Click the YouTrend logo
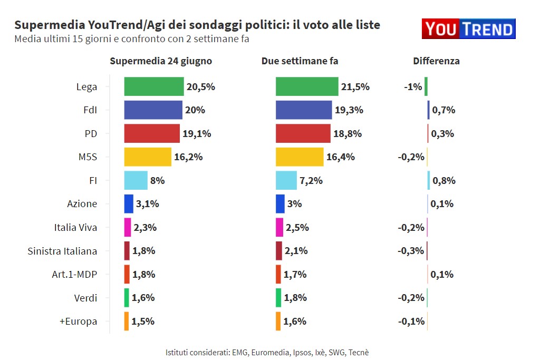[x=468, y=29]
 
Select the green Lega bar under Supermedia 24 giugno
[x=153, y=86]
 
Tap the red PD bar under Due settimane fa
[x=303, y=133]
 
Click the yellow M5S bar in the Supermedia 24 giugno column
[x=148, y=157]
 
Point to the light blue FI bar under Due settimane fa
[x=286, y=180]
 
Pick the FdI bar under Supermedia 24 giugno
[x=153, y=110]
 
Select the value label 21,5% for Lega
[x=355, y=87]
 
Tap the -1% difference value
[x=413, y=87]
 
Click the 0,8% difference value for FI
[x=443, y=181]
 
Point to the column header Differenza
[x=436, y=61]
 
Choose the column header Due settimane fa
[x=300, y=61]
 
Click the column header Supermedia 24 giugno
[x=161, y=61]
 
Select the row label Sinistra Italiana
[x=62, y=251]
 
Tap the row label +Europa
[x=79, y=321]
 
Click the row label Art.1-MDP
[x=74, y=274]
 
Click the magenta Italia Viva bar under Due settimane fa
[x=279, y=227]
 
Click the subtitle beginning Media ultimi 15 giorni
[x=131, y=39]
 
